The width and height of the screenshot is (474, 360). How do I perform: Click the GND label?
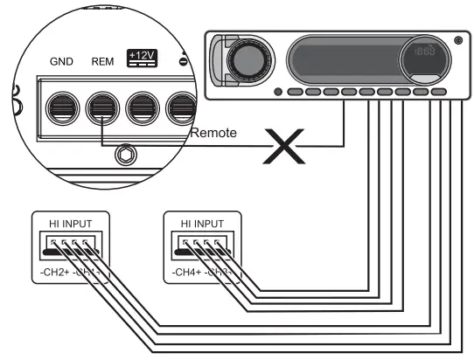[60, 62]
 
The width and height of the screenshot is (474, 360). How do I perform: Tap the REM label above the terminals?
[102, 62]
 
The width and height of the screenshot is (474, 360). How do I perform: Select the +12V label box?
[140, 57]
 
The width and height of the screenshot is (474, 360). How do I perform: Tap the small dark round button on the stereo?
[277, 92]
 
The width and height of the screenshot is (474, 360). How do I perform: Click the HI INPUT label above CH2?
[70, 224]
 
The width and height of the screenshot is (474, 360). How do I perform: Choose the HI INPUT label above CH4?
[200, 224]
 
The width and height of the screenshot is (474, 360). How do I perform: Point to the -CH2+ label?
[56, 273]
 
